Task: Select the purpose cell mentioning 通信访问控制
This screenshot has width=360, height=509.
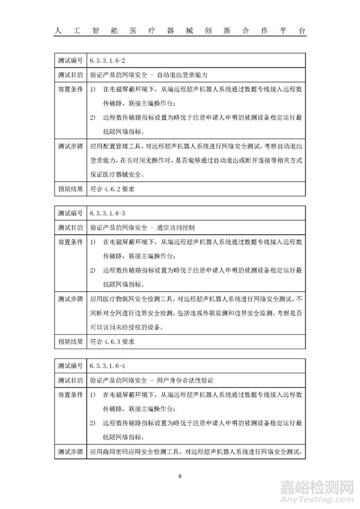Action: (142, 228)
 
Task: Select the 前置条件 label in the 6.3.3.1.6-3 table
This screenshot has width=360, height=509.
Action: (69, 242)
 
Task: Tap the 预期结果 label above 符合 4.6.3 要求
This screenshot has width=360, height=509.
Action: (69, 341)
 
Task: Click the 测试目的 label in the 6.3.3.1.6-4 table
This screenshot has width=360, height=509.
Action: (69, 380)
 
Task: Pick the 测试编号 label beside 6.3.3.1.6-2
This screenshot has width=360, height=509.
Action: (69, 62)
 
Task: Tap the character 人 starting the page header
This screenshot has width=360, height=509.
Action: (58, 31)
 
